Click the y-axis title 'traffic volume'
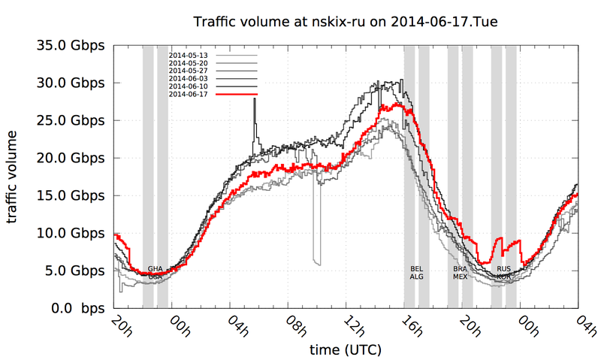point(14,177)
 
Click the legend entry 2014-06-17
point(188,94)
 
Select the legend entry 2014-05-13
point(188,56)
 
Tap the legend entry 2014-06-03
point(188,78)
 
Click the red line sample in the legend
point(236,94)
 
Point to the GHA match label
point(156,268)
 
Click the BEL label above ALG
point(416,268)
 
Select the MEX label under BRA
point(460,277)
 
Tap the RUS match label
point(504,268)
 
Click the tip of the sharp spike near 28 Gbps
point(255,99)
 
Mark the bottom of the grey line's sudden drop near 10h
point(318,265)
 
